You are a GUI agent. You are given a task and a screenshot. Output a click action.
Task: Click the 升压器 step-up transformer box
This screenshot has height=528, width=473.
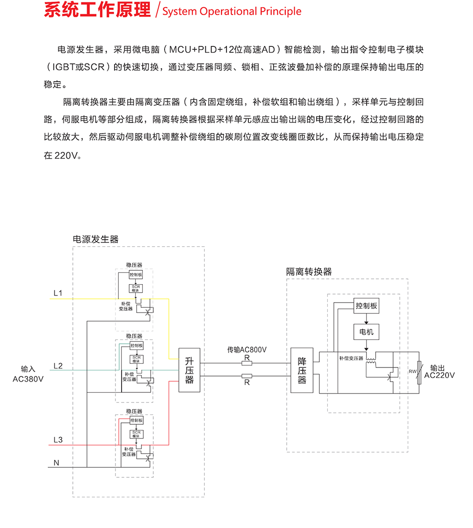[x=189, y=370]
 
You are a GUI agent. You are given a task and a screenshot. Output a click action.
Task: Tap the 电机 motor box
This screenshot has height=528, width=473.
[x=367, y=331]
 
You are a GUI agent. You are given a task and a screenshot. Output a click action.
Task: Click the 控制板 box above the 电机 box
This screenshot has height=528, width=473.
[x=367, y=306]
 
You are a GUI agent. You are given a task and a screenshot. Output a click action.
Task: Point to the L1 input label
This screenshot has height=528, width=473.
[x=58, y=293]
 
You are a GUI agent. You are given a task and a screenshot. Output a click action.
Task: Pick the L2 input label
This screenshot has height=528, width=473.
[x=58, y=366]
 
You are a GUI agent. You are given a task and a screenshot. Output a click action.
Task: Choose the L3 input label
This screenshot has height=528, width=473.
[x=58, y=439]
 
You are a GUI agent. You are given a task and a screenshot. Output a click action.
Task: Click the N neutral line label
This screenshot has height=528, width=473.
[x=56, y=463]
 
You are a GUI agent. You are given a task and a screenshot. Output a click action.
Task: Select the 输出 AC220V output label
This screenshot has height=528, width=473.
[x=439, y=371]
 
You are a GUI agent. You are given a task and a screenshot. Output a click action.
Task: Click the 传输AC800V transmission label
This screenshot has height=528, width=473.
[x=246, y=349]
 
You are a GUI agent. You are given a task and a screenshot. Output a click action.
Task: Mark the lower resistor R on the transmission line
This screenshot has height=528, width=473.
[x=246, y=376]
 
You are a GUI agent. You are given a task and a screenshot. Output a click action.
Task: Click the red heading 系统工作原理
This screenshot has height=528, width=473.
[x=97, y=10]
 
